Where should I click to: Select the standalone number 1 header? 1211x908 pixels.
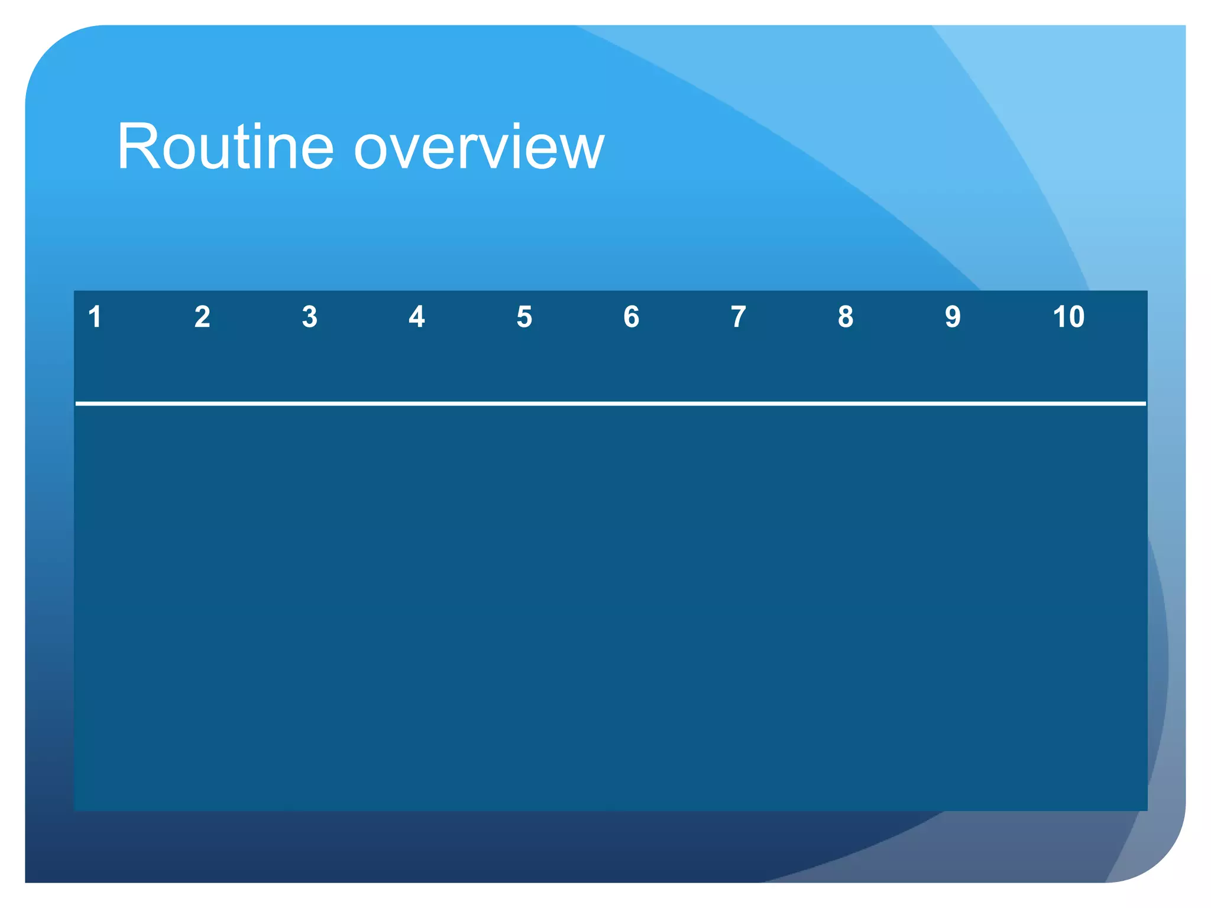click(x=95, y=317)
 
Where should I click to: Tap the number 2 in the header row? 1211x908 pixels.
click(x=202, y=317)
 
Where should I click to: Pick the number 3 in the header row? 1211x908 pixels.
click(x=309, y=317)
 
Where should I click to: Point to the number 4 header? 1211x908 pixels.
click(x=417, y=317)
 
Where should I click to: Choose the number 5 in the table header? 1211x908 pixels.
click(x=524, y=317)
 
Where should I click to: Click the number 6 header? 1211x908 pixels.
click(x=632, y=317)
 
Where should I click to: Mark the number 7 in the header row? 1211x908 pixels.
click(x=739, y=317)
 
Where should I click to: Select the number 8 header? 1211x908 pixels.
click(x=846, y=317)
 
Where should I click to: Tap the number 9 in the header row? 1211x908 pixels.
click(x=953, y=317)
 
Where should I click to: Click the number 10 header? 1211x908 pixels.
click(x=1068, y=317)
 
